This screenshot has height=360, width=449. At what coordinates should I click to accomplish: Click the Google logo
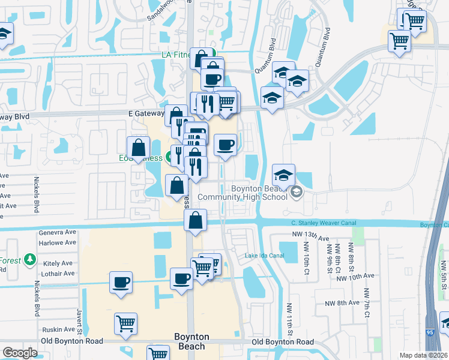click(20, 353)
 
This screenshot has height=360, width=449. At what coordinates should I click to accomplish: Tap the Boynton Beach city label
click(191, 341)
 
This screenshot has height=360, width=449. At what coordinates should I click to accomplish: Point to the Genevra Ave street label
click(58, 232)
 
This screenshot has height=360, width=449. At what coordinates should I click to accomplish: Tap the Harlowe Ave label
click(58, 242)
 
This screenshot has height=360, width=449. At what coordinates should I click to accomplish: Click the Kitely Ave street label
click(58, 263)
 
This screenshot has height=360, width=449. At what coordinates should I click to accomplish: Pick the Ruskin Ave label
click(58, 329)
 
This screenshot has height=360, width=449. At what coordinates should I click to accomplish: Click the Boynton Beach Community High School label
click(250, 193)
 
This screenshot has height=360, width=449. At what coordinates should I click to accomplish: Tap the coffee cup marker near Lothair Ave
click(121, 281)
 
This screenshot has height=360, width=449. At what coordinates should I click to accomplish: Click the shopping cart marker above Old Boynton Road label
click(125, 323)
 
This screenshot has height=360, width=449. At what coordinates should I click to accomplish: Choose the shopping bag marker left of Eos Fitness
click(138, 147)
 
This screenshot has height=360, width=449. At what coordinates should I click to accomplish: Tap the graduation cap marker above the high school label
click(283, 175)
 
